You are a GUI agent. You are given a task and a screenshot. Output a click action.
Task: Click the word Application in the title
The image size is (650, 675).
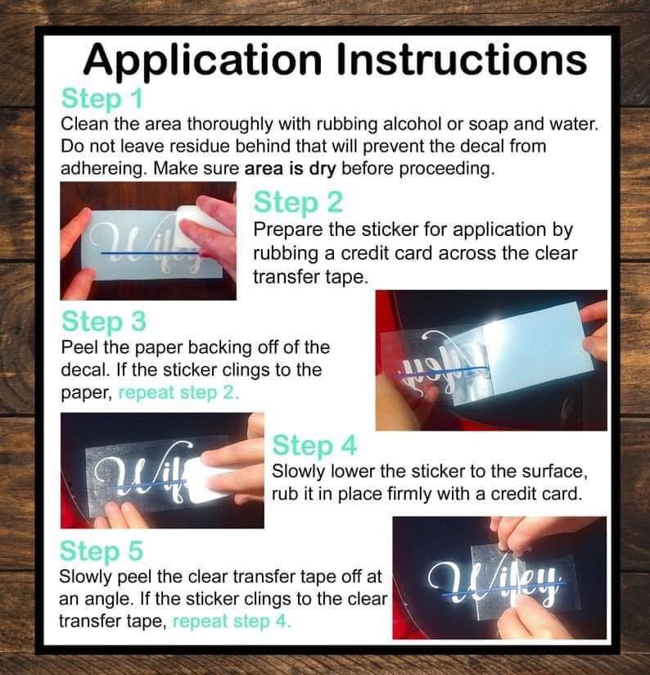[203, 60]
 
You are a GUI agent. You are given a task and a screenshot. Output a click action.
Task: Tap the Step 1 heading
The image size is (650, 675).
[102, 99]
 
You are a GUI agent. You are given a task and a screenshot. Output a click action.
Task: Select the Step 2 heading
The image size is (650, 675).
[298, 203]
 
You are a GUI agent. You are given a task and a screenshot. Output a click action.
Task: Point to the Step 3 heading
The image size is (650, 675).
[104, 322]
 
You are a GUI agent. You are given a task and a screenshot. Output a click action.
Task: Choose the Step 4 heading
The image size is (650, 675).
[314, 445]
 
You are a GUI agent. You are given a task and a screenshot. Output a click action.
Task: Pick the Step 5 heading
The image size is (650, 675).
[101, 551]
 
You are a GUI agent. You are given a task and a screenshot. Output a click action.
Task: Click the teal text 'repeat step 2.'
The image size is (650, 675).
[178, 392]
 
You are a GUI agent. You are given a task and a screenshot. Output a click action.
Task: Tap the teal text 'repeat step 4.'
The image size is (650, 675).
[232, 621]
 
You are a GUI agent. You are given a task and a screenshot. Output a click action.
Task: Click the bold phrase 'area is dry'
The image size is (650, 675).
[290, 168]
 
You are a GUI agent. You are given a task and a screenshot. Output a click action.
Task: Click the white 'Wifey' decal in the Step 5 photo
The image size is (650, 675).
[494, 580]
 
